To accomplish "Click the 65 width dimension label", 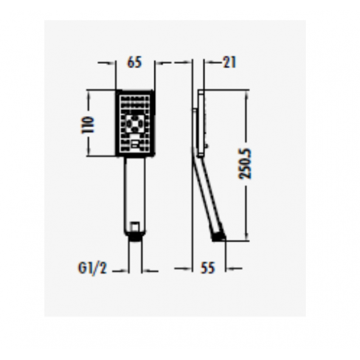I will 134,61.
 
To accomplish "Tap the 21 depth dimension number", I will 229,61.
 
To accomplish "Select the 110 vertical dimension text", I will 90,124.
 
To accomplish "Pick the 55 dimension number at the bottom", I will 209,268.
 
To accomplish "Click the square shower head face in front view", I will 135,123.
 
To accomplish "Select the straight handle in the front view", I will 135,189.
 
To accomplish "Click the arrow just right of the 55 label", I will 234,268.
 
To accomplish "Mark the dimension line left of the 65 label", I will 107,61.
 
